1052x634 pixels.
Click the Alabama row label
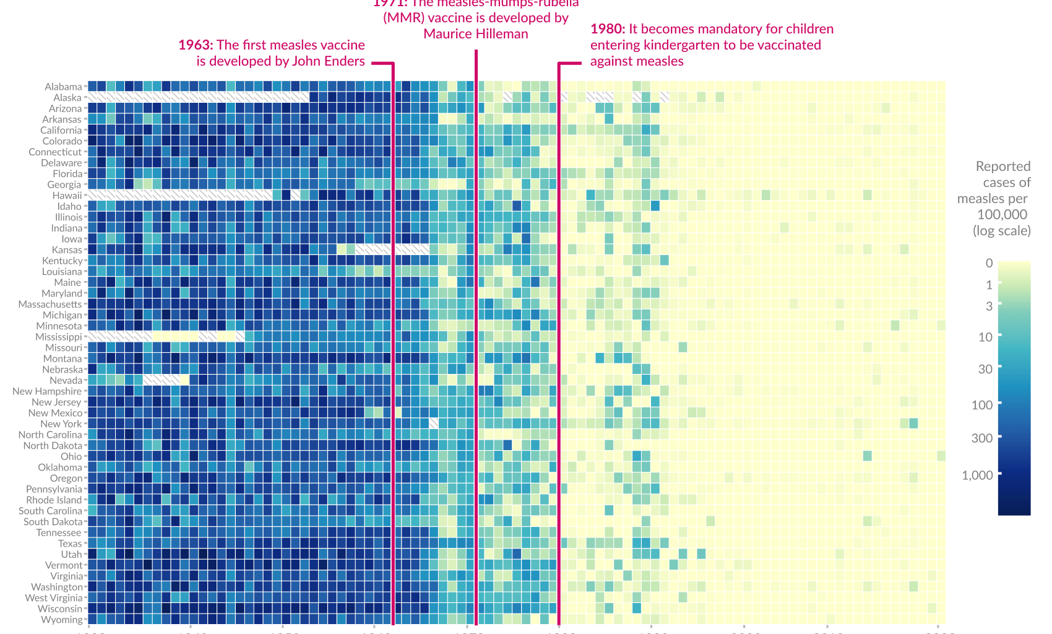point(63,87)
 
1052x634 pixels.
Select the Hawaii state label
point(67,196)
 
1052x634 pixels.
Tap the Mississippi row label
point(59,337)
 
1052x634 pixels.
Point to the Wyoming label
point(61,620)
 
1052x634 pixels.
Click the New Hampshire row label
point(47,391)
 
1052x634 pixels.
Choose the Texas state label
point(70,544)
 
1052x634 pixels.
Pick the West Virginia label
point(54,598)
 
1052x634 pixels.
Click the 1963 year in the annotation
point(195,45)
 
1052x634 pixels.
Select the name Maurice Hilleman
point(476,34)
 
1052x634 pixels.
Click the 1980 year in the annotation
point(607,29)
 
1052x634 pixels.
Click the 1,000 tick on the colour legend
point(977,475)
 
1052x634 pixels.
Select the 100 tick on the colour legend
point(982,405)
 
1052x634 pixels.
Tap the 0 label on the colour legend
point(989,263)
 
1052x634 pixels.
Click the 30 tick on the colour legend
point(985,369)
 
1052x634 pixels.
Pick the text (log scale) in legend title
point(1001,231)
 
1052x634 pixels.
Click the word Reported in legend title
point(1002,167)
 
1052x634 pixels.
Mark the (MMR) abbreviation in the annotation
point(403,18)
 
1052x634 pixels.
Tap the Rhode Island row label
point(54,500)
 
